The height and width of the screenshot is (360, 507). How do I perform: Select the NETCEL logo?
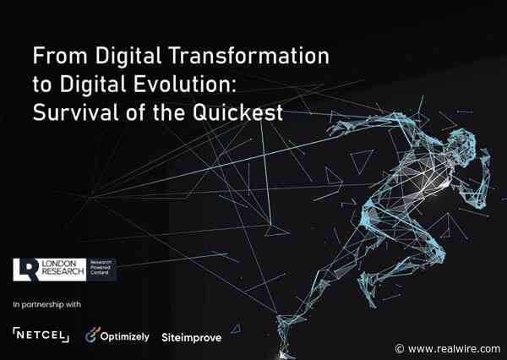click(41, 335)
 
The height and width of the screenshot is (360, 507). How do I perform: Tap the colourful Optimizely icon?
click(94, 335)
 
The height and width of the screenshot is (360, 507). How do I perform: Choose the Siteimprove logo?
click(191, 336)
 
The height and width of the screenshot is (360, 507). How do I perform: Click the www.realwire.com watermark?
click(454, 348)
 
